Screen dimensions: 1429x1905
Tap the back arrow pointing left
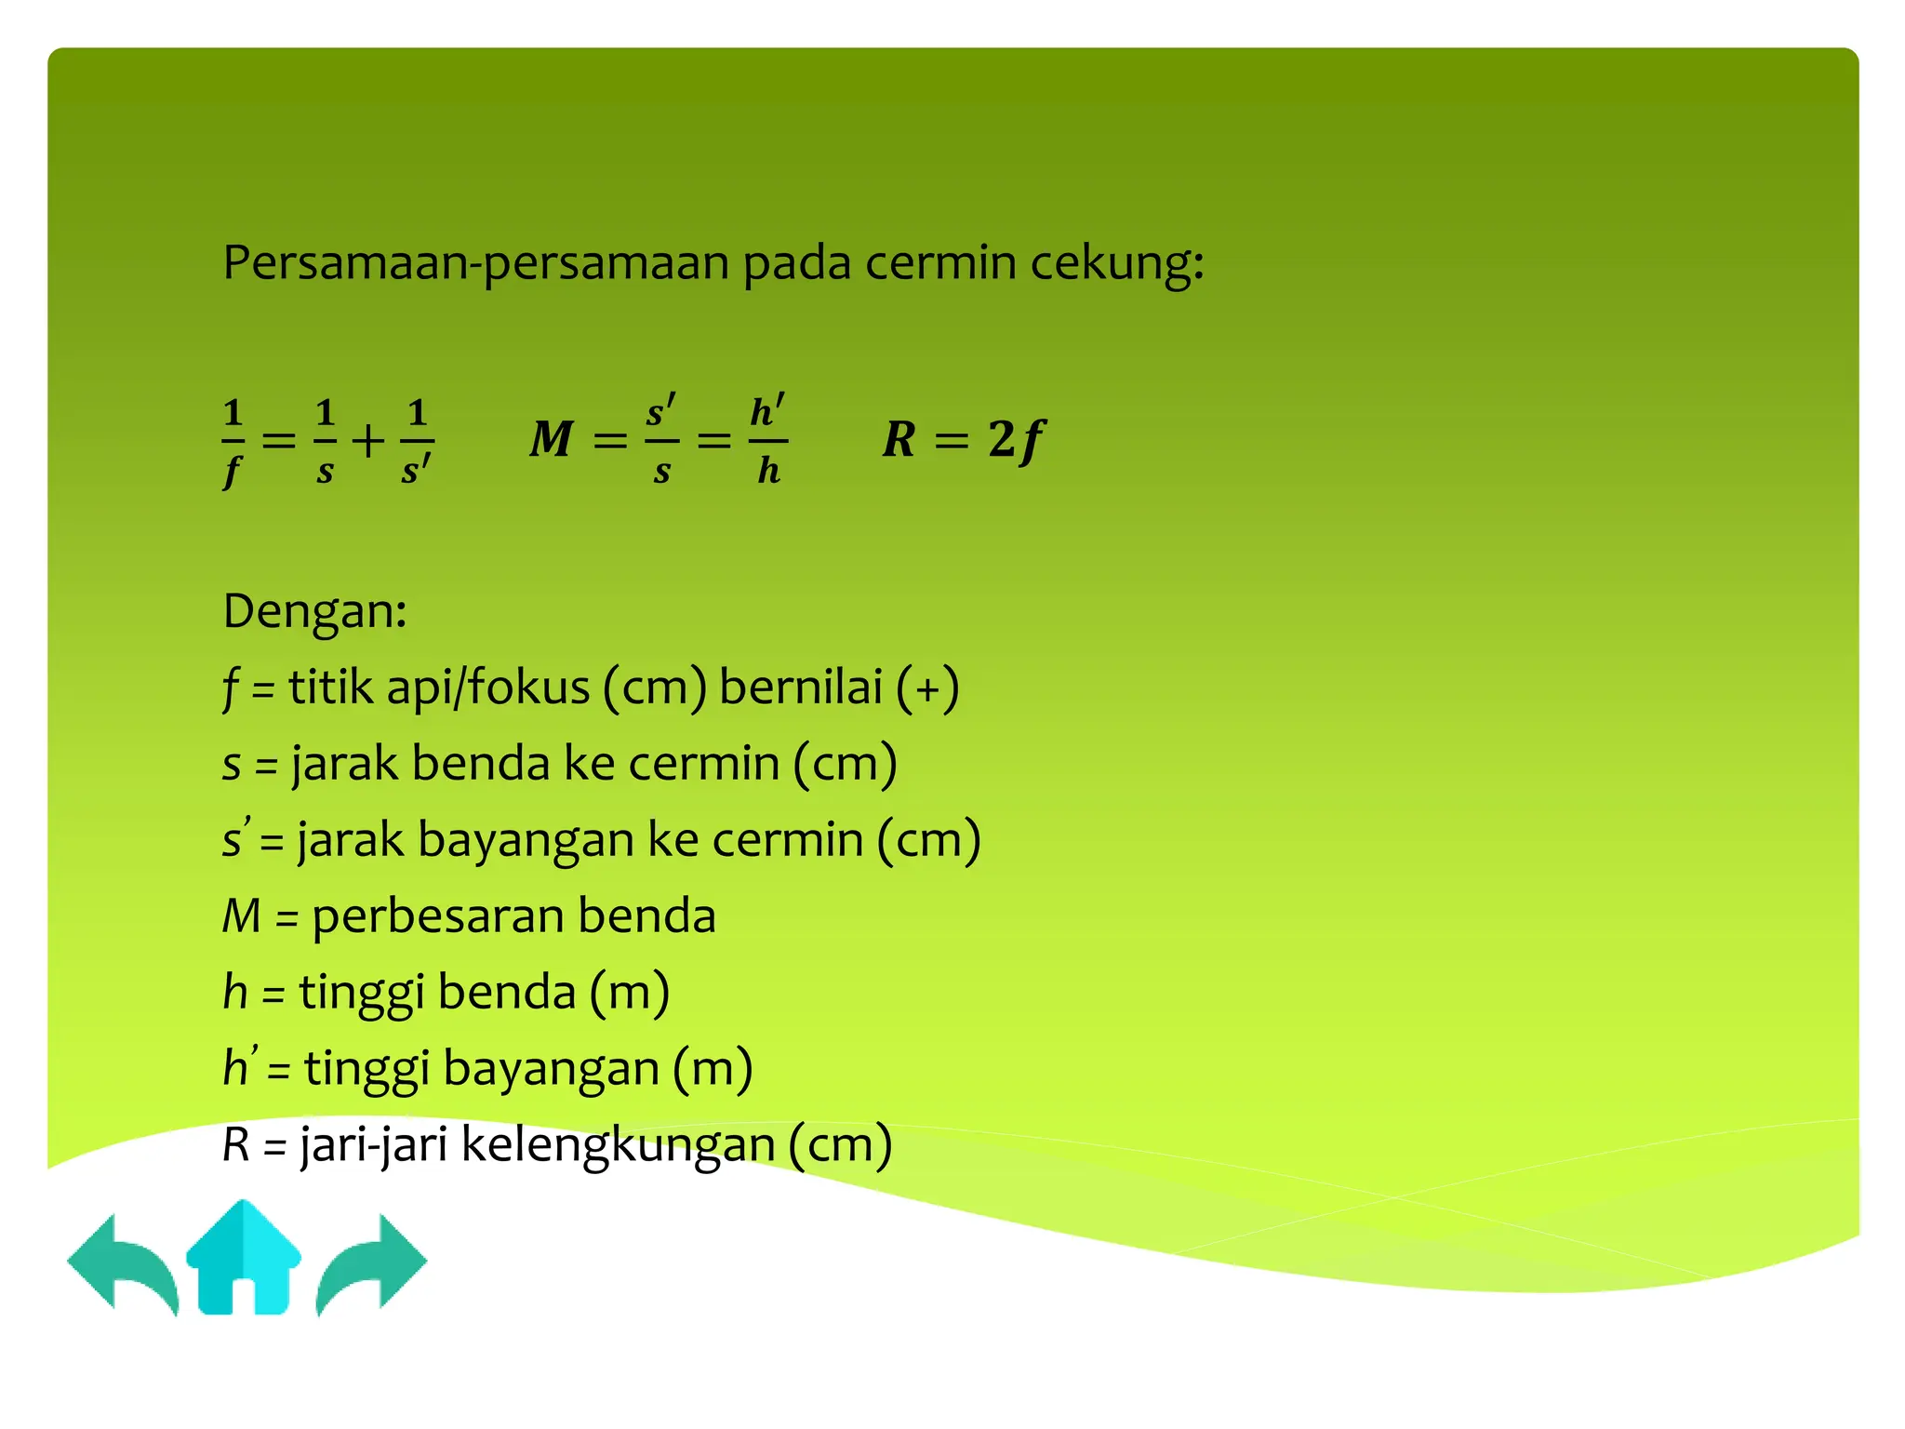121,1262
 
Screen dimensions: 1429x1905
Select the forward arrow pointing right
372,1262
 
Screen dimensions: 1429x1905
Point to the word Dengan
314,612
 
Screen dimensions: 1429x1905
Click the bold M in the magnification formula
552,438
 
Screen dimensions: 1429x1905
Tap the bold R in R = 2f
899,438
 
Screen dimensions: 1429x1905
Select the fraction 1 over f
233,441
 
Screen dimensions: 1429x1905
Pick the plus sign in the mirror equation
368,440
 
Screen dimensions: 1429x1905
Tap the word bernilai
801,688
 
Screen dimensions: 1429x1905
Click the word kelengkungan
619,1145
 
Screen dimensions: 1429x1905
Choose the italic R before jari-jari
236,1145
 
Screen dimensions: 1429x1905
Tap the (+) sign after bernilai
927,689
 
